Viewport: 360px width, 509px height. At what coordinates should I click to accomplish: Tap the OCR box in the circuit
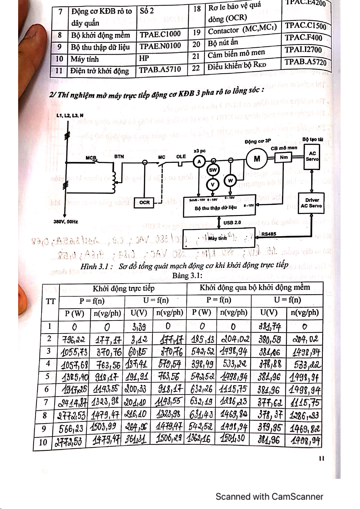click(x=144, y=202)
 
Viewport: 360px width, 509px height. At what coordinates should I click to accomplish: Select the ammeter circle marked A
click(x=199, y=162)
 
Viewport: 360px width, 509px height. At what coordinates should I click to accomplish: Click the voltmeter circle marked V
click(x=213, y=184)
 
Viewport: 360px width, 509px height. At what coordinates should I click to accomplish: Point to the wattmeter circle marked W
click(x=230, y=181)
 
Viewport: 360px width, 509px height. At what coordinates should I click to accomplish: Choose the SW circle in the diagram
click(x=213, y=170)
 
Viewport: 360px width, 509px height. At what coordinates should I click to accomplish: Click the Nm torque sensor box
click(x=284, y=157)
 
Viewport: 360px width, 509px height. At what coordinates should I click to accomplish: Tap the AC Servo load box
click(x=312, y=156)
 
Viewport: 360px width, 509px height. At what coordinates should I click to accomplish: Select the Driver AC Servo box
click(x=311, y=203)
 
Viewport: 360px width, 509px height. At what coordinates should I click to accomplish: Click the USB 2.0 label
click(x=232, y=223)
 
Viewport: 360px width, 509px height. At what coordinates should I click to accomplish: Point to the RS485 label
click(x=269, y=234)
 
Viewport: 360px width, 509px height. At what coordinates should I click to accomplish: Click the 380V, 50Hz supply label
click(x=66, y=222)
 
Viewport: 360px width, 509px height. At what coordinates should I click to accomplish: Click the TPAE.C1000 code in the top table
click(x=160, y=34)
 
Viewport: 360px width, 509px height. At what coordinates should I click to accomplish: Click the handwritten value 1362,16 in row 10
click(x=200, y=438)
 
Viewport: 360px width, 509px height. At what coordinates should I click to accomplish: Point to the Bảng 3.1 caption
click(x=187, y=275)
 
